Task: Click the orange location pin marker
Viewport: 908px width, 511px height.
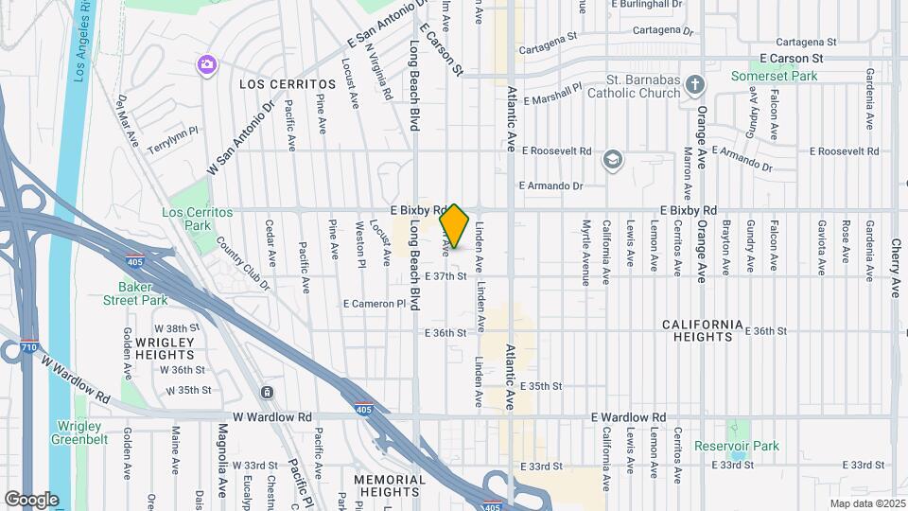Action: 455,225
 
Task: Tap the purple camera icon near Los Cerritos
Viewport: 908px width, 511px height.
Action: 205,64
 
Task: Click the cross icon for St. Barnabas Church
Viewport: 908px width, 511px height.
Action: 695,85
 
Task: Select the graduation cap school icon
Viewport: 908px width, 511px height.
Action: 613,159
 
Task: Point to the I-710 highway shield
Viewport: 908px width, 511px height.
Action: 28,348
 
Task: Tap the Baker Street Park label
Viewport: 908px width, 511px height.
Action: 143,293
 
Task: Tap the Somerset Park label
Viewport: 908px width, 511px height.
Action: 770,75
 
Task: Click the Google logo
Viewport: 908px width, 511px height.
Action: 31,500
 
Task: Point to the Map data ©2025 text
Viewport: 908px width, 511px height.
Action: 866,503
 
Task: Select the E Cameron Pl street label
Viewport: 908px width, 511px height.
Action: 380,304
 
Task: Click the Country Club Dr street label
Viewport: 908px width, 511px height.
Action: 242,262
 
